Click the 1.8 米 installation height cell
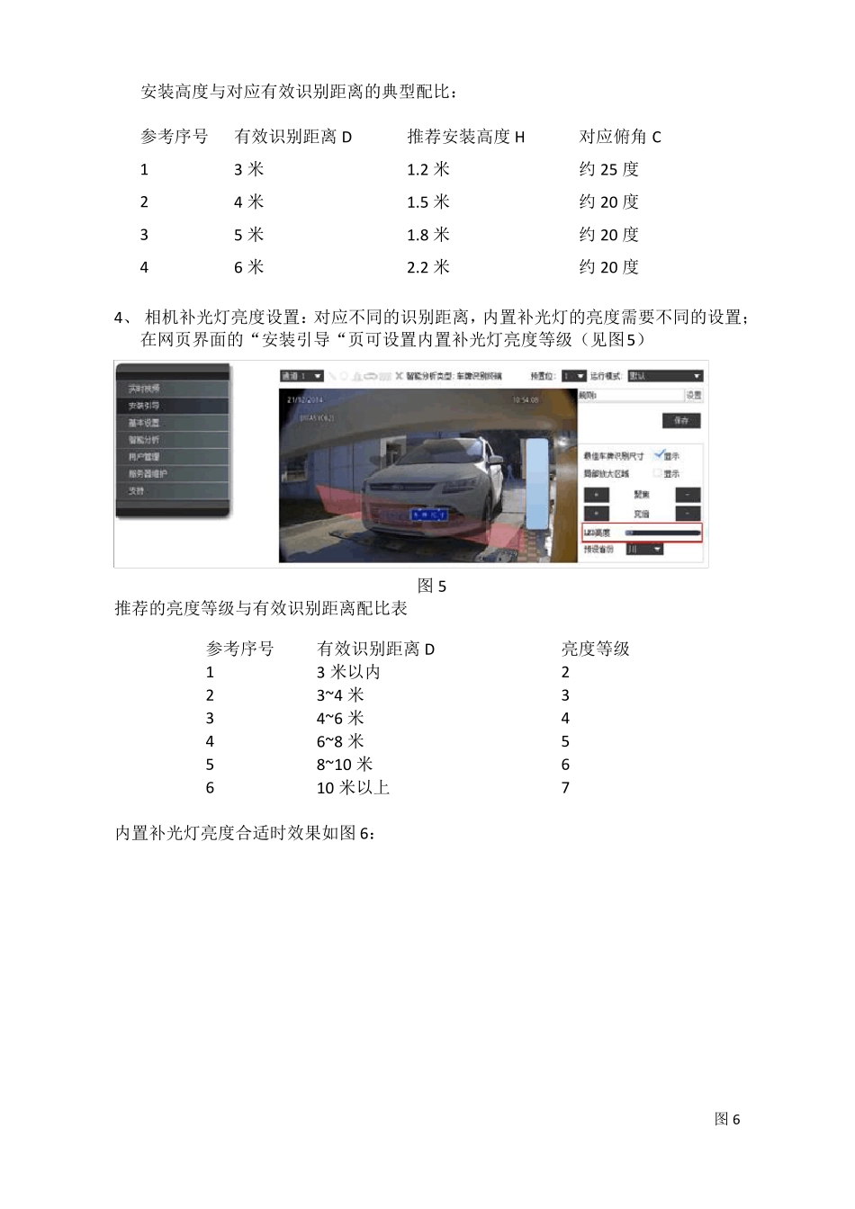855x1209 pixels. [428, 235]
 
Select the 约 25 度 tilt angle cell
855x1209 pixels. [608, 169]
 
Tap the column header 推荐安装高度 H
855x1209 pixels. [465, 137]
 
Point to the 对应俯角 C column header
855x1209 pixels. [619, 137]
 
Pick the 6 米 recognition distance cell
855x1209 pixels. [248, 267]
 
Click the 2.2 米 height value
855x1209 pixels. [428, 267]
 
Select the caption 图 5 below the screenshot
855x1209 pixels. [432, 587]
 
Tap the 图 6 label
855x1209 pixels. [726, 1119]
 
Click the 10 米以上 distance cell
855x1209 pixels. [353, 788]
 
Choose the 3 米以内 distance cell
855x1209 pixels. [348, 672]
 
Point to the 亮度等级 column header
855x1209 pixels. [595, 649]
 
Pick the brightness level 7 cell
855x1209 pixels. [565, 788]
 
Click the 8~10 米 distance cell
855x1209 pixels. [344, 765]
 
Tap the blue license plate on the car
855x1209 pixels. [429, 515]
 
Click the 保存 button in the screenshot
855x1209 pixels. [681, 420]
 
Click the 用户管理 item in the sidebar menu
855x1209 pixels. [144, 457]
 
